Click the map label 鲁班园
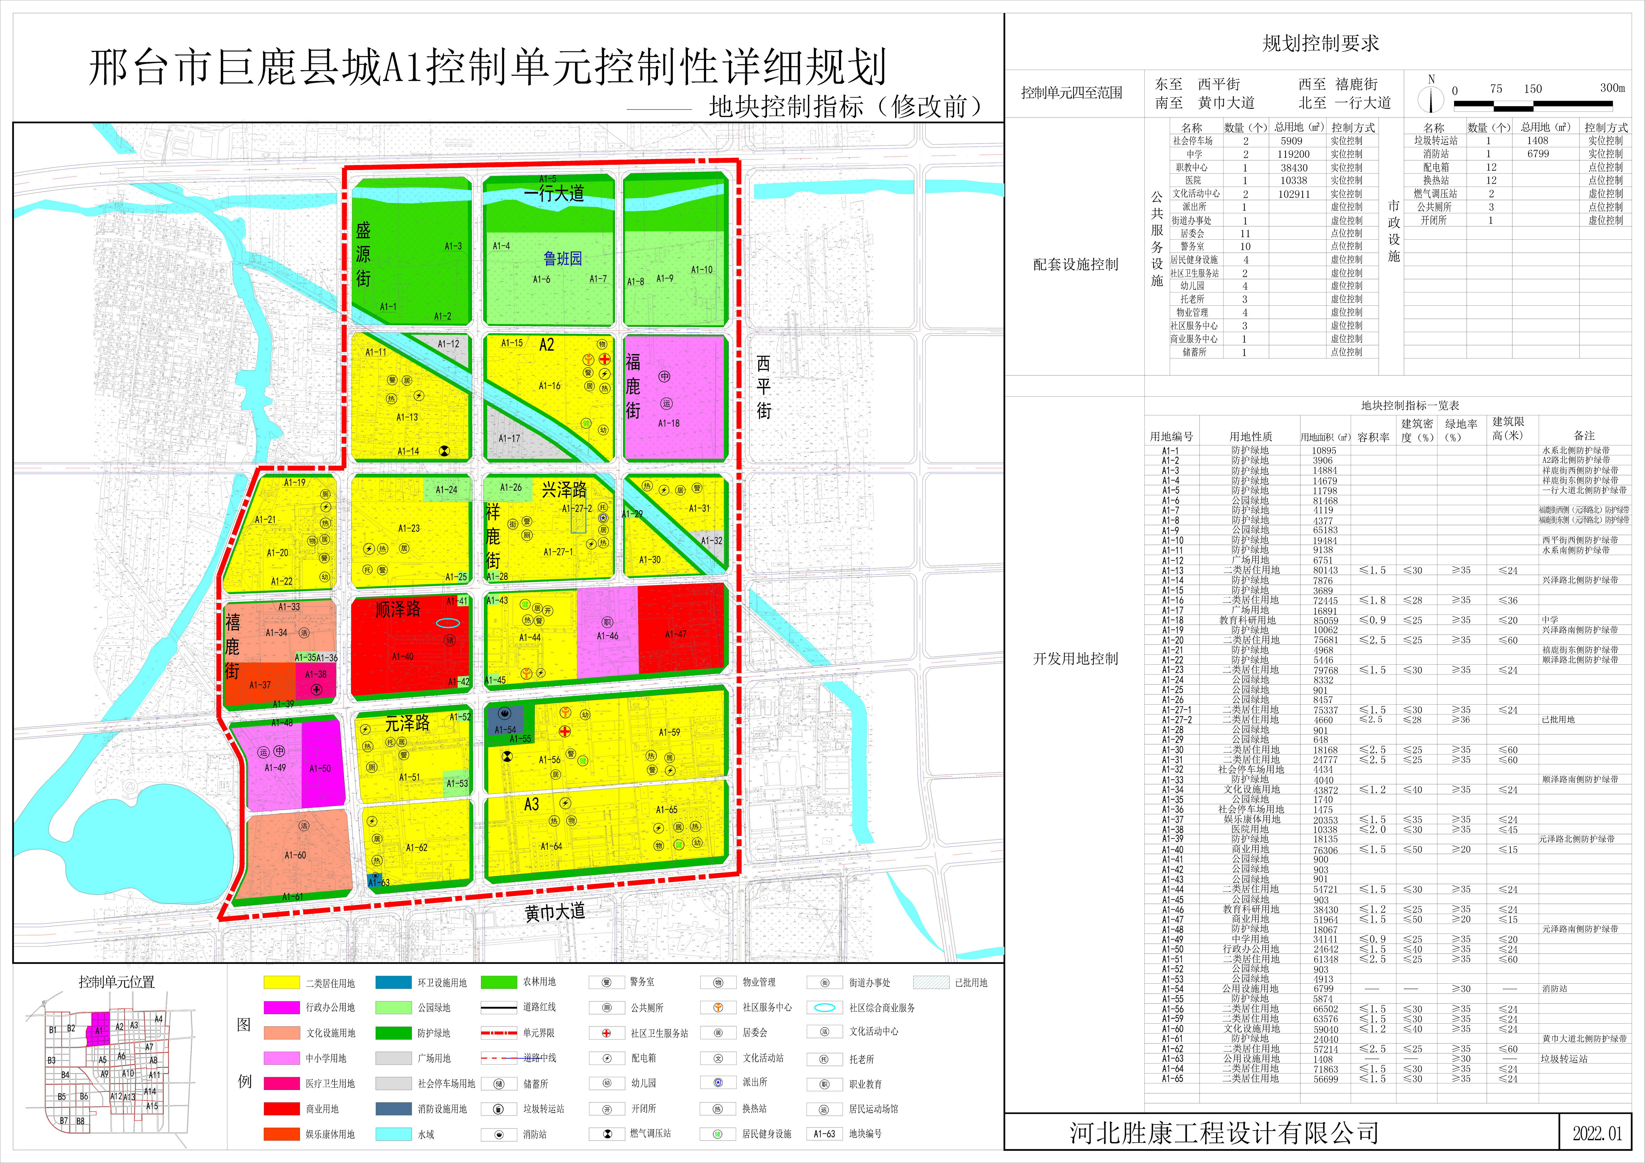click(562, 258)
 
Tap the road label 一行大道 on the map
click(554, 193)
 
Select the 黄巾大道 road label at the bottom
click(555, 912)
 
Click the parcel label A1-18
click(668, 423)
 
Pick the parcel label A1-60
click(295, 855)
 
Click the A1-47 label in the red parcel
click(676, 634)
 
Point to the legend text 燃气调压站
click(650, 1134)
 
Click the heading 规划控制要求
click(1320, 44)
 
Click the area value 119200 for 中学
click(1293, 154)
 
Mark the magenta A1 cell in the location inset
click(99, 1029)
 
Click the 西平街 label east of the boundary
click(764, 387)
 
